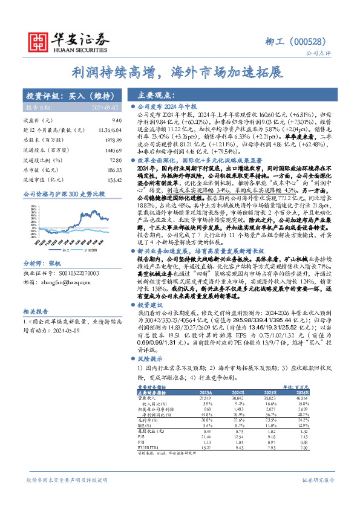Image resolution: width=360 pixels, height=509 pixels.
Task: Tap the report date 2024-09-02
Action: tap(104, 107)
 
